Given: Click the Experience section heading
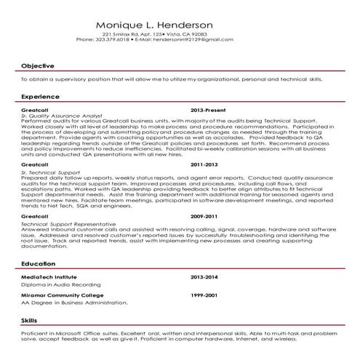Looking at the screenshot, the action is (41, 96).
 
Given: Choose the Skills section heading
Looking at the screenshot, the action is (31, 320).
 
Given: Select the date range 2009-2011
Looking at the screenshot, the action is (204, 217).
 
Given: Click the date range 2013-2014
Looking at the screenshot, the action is (204, 278).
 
